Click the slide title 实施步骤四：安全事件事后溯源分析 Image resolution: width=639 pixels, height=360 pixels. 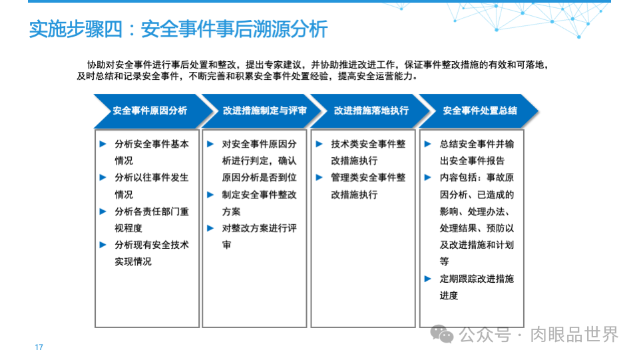pos(178,29)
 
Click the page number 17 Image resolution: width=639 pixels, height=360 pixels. pos(39,347)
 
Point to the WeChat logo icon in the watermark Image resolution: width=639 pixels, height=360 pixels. pos(442,334)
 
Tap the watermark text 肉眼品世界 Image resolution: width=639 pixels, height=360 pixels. pos(574,334)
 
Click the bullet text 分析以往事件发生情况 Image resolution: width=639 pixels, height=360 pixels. pos(151,186)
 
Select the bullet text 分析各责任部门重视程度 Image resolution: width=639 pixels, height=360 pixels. pos(151,220)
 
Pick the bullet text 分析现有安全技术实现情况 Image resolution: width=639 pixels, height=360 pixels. pos(151,253)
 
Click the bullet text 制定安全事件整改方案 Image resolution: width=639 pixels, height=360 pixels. pos(259,203)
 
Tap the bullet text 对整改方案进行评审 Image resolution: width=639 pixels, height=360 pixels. pos(259,236)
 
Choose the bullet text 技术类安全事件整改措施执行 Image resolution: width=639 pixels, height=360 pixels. pos(367,152)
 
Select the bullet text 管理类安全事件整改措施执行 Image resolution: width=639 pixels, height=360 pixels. pos(367,186)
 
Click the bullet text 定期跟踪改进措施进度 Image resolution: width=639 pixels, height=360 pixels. pos(476,287)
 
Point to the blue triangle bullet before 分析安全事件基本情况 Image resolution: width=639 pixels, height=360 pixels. pos(103,143)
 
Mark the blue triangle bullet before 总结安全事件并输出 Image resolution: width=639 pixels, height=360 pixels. pos(428,143)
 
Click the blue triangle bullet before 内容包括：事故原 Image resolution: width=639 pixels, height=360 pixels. pos(428,177)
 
